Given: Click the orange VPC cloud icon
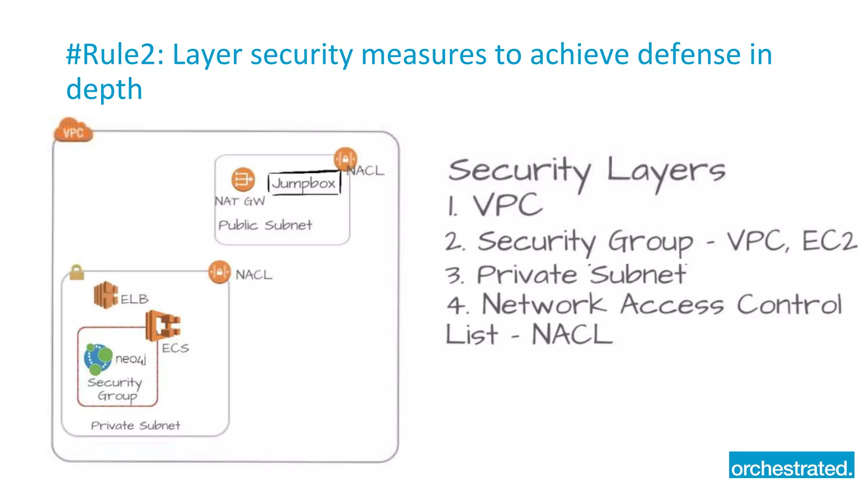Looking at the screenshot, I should point(73,131).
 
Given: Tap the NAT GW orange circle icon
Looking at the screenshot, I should point(243,180).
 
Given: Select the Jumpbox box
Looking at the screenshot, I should point(304,183).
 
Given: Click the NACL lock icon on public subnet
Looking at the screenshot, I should point(346,159).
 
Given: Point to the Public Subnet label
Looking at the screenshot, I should point(265,225).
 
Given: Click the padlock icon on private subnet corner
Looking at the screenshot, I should point(77,272).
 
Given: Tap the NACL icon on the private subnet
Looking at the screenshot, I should point(219,272).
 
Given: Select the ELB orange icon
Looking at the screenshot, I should point(106,295).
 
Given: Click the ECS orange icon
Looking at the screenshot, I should point(163,326).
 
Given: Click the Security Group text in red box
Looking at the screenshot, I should point(115,389).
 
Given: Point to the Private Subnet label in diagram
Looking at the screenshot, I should point(135,426).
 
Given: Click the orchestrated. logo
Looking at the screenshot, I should point(791,465).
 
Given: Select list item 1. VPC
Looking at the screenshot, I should point(495,205).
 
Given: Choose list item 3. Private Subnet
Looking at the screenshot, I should point(565,275).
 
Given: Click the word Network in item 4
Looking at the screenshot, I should point(544,304).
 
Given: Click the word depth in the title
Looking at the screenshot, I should point(104,89).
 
